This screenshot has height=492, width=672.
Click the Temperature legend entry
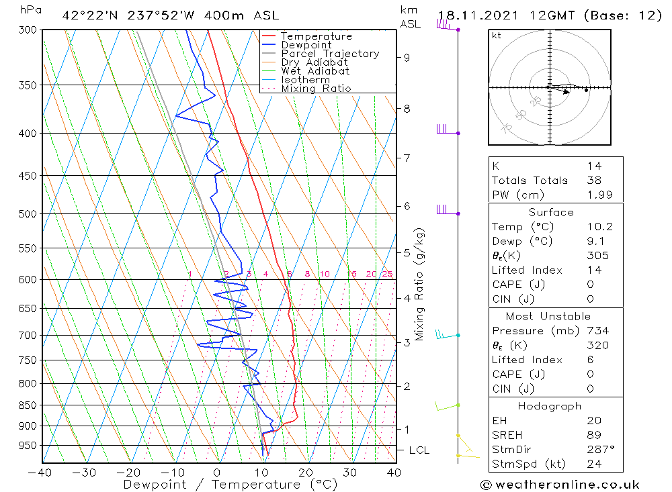316,36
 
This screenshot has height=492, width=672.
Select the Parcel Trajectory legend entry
330,54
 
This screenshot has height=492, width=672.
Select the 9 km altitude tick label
407,58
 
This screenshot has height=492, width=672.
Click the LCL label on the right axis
419,450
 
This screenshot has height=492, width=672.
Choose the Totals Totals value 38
593,180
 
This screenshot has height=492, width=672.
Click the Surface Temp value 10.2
599,227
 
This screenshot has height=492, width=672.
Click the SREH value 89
593,435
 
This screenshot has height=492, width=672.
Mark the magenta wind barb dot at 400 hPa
458,133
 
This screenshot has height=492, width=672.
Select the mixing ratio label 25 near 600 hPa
387,274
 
